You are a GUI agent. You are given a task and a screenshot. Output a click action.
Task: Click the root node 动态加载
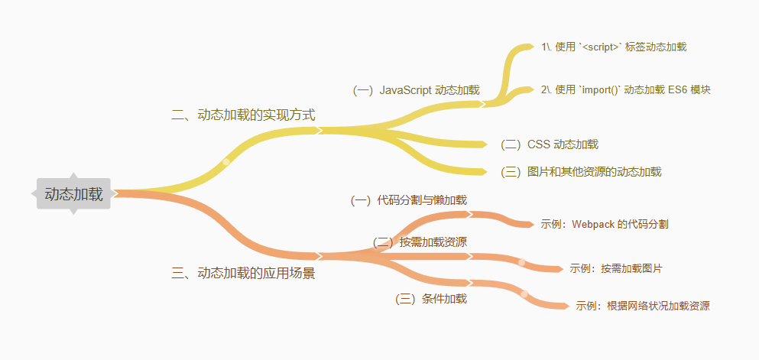pyautogui.click(x=73, y=194)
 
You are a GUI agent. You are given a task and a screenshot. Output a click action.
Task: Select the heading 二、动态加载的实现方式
pyautogui.click(x=243, y=115)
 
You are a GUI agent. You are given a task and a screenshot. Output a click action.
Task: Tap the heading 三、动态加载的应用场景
pyautogui.click(x=243, y=273)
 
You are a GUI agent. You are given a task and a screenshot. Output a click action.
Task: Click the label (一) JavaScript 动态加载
pyautogui.click(x=416, y=90)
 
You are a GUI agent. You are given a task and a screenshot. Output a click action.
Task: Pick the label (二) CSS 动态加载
pyautogui.click(x=549, y=144)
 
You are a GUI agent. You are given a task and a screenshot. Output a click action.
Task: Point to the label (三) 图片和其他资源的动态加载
pyautogui.click(x=581, y=172)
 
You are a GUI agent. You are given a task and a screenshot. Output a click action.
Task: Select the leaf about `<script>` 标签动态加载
pyautogui.click(x=614, y=47)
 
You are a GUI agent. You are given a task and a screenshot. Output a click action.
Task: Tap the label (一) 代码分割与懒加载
pyautogui.click(x=408, y=200)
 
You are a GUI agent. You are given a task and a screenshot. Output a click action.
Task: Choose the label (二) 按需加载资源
pyautogui.click(x=420, y=242)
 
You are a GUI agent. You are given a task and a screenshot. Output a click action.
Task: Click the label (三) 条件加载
pyautogui.click(x=430, y=299)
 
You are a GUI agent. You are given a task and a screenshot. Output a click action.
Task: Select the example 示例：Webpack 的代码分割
pyautogui.click(x=604, y=225)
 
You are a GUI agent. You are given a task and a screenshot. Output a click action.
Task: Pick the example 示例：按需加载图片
pyautogui.click(x=615, y=269)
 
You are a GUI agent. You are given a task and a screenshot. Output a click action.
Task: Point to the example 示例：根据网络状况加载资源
pyautogui.click(x=642, y=306)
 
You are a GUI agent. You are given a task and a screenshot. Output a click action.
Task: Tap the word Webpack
pyautogui.click(x=593, y=225)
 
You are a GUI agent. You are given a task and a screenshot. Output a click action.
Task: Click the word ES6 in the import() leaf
pyautogui.click(x=677, y=90)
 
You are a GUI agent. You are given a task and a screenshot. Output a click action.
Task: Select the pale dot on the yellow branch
pyautogui.click(x=226, y=161)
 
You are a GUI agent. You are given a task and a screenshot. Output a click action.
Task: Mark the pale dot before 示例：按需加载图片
pyautogui.click(x=522, y=262)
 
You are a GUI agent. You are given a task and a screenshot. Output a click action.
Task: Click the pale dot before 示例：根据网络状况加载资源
pyautogui.click(x=524, y=294)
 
